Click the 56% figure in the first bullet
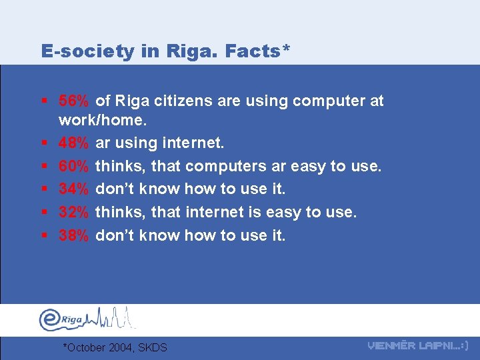[x=73, y=101]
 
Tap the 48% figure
[x=73, y=143]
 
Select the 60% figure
[x=73, y=166]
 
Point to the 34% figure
[x=73, y=189]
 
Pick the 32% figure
[x=73, y=212]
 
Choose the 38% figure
[x=73, y=235]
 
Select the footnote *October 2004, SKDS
[x=114, y=347]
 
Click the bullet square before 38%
[x=43, y=235]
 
